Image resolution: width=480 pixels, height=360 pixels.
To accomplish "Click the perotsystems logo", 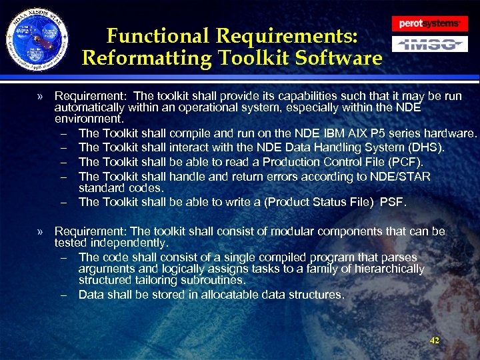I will click(x=429, y=24).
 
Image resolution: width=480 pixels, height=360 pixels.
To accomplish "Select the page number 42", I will click(x=435, y=341).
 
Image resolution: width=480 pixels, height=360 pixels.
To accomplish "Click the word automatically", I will click(x=89, y=107).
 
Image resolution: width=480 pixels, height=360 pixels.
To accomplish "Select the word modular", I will click(x=305, y=231).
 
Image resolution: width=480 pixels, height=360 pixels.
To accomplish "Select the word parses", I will click(x=397, y=257).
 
